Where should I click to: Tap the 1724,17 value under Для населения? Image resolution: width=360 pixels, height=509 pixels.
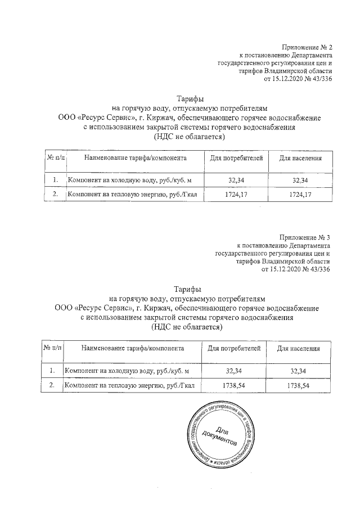tap(300, 195)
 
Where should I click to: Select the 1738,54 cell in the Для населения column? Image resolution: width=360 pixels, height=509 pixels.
tap(299, 386)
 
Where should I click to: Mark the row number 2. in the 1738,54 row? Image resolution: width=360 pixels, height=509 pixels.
tap(52, 386)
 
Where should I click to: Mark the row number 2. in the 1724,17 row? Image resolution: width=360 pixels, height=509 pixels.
tap(55, 195)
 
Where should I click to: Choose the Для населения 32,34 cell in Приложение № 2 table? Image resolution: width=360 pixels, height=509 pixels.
tap(300, 180)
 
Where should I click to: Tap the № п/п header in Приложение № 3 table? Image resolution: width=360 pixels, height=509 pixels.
tap(53, 349)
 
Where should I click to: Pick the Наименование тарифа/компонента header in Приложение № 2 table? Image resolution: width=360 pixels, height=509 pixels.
tap(135, 158)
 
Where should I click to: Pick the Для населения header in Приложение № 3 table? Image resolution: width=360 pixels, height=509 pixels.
tap(299, 349)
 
